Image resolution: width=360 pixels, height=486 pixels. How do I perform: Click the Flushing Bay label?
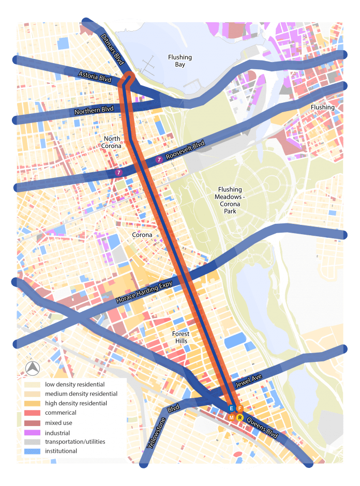click(180, 61)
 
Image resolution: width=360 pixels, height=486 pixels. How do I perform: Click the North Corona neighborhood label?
click(112, 142)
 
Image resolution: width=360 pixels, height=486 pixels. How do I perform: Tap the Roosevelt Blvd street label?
click(185, 150)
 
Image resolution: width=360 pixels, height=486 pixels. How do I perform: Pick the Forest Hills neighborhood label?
click(181, 337)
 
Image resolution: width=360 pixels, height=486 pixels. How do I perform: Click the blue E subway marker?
click(231, 409)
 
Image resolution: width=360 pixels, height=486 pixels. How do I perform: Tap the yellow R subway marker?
click(239, 417)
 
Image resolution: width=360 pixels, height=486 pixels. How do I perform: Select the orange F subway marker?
click(239, 409)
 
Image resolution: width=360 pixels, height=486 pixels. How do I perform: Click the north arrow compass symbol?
click(32, 369)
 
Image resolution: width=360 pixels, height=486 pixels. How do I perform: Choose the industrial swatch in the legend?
click(32, 433)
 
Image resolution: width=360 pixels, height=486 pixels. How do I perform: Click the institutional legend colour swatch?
click(32, 451)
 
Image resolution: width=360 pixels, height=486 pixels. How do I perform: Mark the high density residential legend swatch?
click(32, 403)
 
